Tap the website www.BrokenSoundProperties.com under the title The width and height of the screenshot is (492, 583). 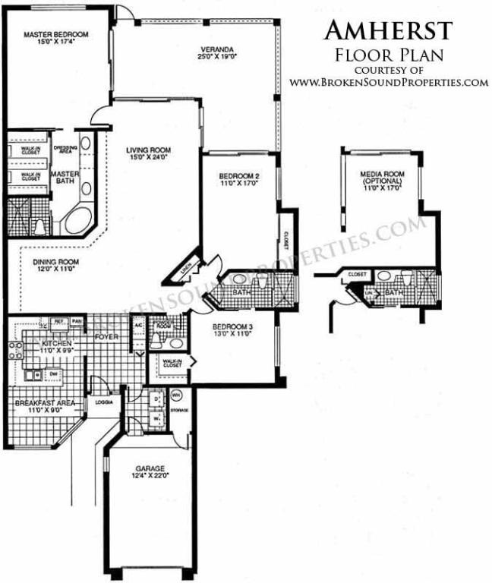388,82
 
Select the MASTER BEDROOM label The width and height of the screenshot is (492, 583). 55,34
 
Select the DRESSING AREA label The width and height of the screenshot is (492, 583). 65,149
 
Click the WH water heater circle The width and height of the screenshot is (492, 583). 176,395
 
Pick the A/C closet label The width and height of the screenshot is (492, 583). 138,324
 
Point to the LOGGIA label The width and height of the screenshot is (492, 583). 104,404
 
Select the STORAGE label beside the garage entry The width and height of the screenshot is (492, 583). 178,410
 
